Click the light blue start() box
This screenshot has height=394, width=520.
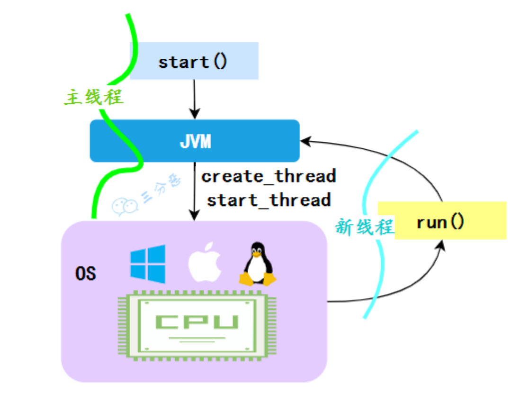(x=194, y=61)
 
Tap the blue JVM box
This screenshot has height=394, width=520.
(x=195, y=141)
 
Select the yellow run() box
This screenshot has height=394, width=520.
(x=450, y=221)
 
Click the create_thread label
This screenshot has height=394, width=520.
(x=269, y=176)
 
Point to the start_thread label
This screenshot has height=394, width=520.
(x=269, y=200)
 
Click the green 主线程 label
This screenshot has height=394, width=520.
(x=94, y=98)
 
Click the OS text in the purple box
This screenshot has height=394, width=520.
(x=85, y=273)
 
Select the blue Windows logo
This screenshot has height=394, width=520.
(x=148, y=264)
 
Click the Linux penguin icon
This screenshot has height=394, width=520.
(x=257, y=264)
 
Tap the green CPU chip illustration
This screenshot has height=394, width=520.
(x=197, y=326)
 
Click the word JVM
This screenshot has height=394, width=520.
(x=195, y=141)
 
